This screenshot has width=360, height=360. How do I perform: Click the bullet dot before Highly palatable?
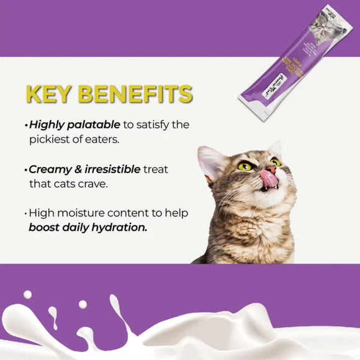27,126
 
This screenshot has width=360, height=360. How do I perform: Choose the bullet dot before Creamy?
27,170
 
